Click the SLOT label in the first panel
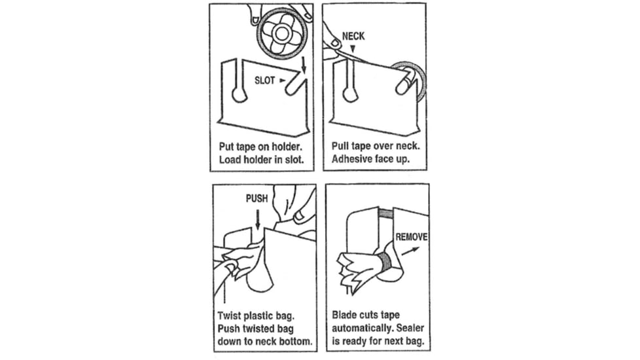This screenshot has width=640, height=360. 264,81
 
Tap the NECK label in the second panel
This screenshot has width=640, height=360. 353,36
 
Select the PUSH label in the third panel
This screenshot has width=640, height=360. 257,198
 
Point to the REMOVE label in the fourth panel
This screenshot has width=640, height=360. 412,237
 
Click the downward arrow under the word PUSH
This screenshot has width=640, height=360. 258,219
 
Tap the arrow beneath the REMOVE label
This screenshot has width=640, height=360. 410,251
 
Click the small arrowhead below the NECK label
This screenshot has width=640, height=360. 353,48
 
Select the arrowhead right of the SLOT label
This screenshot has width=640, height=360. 282,81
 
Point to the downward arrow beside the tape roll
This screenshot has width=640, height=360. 303,65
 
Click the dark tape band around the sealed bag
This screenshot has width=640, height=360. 384,262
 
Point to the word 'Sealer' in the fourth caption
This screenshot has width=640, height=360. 410,328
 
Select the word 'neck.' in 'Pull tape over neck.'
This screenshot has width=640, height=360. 408,146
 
